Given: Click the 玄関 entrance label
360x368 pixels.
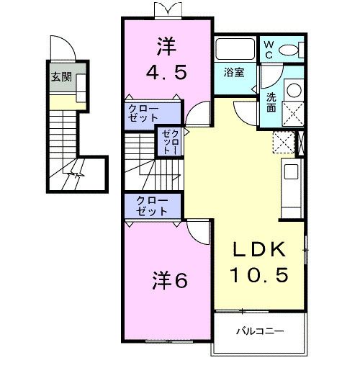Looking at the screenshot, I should (x=60, y=77).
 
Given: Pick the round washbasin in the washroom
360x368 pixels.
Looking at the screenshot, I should (x=293, y=91).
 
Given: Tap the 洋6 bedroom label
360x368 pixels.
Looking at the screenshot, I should (x=170, y=280).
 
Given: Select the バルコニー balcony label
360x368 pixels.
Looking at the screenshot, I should (x=260, y=333).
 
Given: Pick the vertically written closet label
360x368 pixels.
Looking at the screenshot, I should (x=168, y=141).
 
